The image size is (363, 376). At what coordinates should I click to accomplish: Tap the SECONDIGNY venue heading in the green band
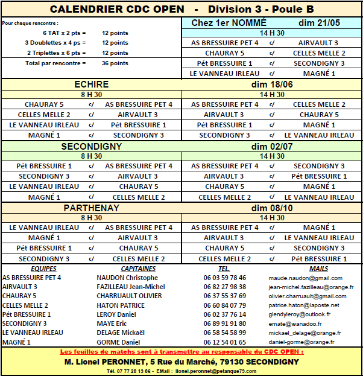pos(91,146)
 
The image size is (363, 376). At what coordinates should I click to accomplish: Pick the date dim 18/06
pos(272,84)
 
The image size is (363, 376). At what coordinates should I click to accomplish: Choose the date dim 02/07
pos(272,146)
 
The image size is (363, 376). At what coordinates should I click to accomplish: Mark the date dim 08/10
pos(272,208)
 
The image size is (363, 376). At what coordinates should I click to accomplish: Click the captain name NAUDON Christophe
pos(127,278)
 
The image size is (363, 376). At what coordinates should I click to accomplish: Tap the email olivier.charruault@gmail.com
pos(308,296)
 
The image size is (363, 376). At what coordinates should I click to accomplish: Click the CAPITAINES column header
pos(138,269)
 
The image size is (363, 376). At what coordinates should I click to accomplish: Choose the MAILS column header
pos(318,269)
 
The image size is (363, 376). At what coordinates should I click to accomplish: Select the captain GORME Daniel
pos(118,342)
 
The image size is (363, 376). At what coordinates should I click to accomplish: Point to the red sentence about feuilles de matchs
pos(181,351)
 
